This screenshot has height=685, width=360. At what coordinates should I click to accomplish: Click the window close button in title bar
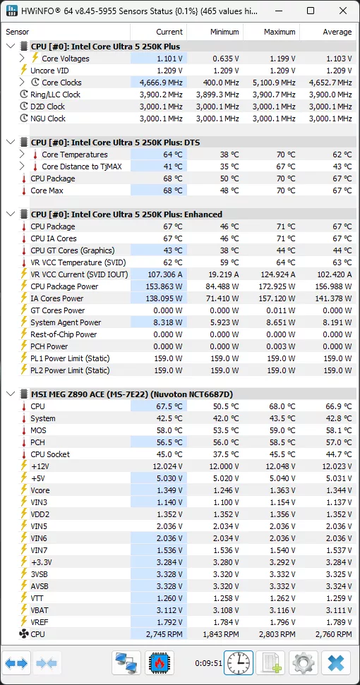(x=342, y=11)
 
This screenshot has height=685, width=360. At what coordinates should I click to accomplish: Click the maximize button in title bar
(x=311, y=11)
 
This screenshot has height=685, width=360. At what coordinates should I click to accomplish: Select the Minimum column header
(x=224, y=32)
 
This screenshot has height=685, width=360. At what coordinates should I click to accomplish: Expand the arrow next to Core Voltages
(x=23, y=59)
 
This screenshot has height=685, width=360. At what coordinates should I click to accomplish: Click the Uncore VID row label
(x=49, y=71)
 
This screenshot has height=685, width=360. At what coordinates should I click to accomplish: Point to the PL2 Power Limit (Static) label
(x=70, y=370)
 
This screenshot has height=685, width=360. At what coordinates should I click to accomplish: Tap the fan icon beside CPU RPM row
(x=22, y=634)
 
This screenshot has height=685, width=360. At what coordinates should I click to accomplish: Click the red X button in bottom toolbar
(x=336, y=664)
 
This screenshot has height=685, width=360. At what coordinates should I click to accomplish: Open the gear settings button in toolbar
(x=304, y=664)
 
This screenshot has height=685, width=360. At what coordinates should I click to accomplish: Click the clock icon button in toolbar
(x=239, y=664)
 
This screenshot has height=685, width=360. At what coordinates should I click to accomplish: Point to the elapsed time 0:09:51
(x=208, y=664)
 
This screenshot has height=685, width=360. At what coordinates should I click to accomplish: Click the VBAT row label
(x=41, y=610)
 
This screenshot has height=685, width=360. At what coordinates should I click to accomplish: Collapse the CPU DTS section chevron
(x=10, y=143)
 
